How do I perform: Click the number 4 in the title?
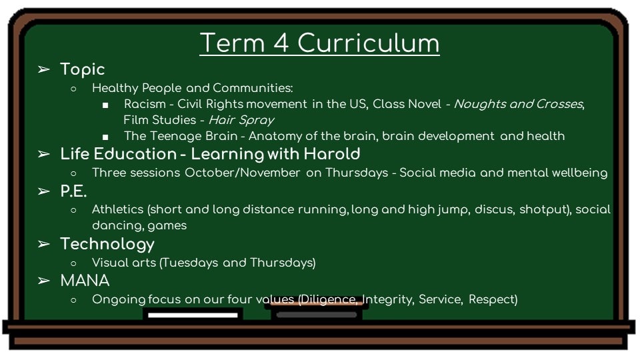281,43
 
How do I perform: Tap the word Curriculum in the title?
368,43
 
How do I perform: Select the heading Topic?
83,69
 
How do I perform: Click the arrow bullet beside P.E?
44,191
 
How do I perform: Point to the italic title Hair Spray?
241,120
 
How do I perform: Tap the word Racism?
145,104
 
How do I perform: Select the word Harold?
332,154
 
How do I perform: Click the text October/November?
243,173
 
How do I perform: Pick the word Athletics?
117,209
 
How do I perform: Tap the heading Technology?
107,244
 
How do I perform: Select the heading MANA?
85,281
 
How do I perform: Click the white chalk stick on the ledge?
193,315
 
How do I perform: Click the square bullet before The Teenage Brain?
106,137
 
